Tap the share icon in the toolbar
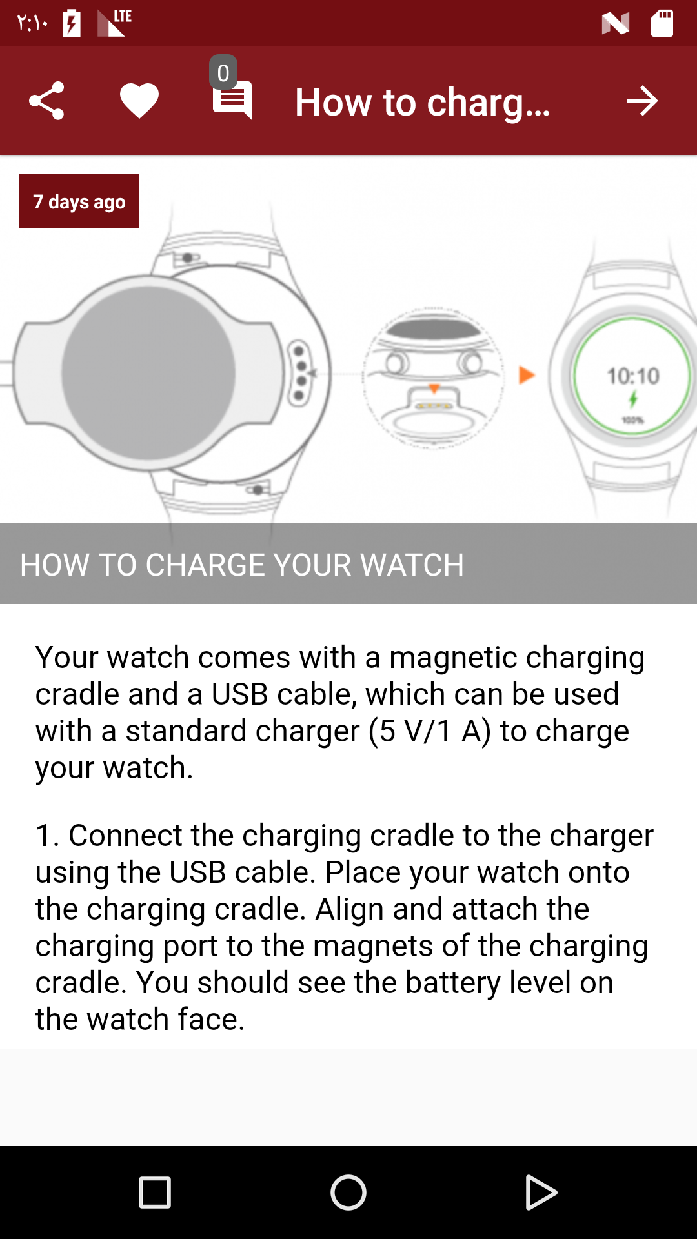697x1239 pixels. [x=46, y=101]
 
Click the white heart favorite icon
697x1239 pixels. [x=139, y=101]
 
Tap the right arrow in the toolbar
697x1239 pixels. [x=642, y=101]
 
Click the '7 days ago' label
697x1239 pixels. [x=79, y=201]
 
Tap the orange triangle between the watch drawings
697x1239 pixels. [x=527, y=375]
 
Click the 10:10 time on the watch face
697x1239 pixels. [x=633, y=376]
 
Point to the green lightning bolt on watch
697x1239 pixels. [x=633, y=399]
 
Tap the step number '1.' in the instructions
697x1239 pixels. [x=48, y=835]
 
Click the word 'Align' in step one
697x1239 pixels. [x=349, y=910]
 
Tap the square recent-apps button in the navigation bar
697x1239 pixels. [x=155, y=1193]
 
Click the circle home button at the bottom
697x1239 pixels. [x=348, y=1193]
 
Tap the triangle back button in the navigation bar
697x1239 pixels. [x=541, y=1193]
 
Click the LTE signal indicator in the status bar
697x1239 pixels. [x=114, y=23]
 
